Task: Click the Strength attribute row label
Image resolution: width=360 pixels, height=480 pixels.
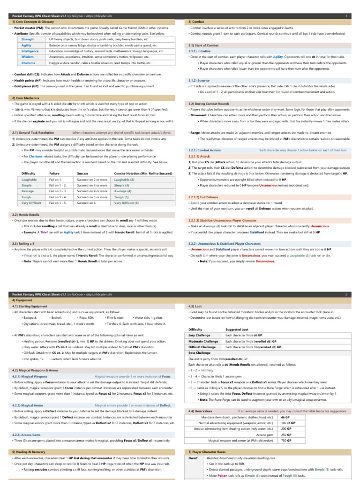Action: (x=28, y=39)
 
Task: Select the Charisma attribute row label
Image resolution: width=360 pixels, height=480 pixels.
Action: (x=28, y=62)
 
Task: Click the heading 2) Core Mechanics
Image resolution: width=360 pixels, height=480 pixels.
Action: (x=26, y=97)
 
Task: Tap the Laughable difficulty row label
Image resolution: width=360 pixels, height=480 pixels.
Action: (x=30, y=180)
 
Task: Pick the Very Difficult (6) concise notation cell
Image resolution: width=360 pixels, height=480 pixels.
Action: (x=127, y=202)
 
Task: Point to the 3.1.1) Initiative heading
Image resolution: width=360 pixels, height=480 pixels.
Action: (x=199, y=51)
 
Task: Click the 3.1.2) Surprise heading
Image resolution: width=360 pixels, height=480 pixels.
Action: (x=199, y=80)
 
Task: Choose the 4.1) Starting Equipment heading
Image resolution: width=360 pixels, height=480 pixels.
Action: (x=30, y=306)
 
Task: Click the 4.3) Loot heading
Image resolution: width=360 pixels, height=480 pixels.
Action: (x=195, y=306)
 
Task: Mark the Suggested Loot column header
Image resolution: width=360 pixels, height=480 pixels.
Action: (x=237, y=330)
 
